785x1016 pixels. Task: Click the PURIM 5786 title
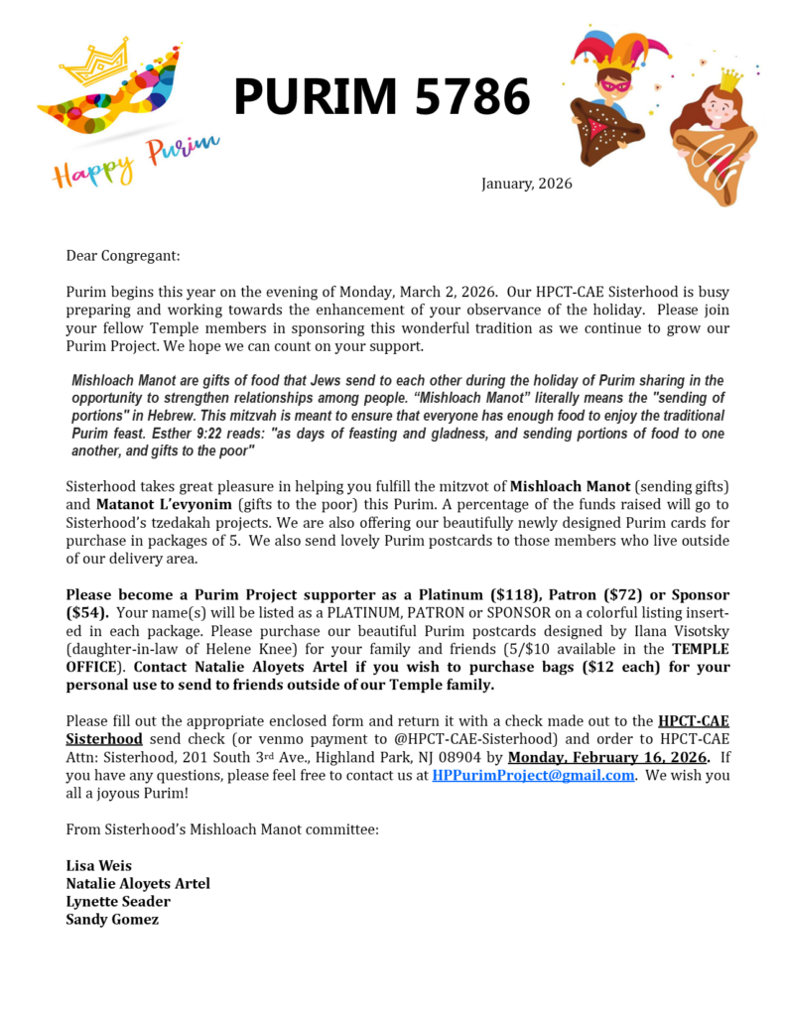pyautogui.click(x=381, y=98)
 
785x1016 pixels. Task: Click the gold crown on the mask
pyautogui.click(x=95, y=61)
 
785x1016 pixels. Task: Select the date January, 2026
pyautogui.click(x=526, y=184)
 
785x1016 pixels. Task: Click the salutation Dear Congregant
pyautogui.click(x=123, y=255)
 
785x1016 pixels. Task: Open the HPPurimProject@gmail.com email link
pyautogui.click(x=533, y=775)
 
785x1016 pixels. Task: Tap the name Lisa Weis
pyautogui.click(x=98, y=865)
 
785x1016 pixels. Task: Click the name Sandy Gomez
pyautogui.click(x=112, y=919)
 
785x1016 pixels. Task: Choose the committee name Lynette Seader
pyautogui.click(x=117, y=901)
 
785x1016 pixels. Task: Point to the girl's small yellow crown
pyautogui.click(x=729, y=78)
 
